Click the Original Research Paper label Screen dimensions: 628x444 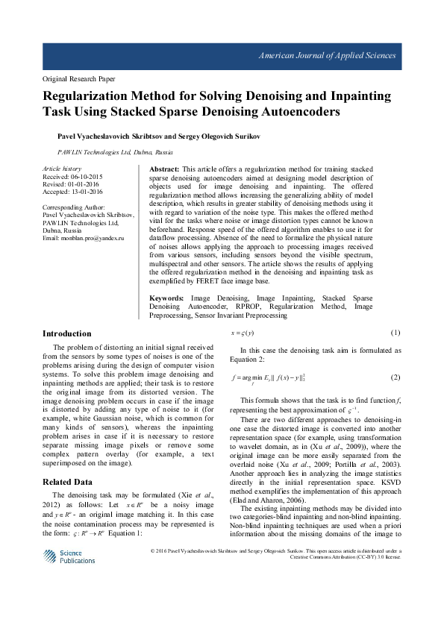tap(78, 78)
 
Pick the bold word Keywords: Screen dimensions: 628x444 tap(169, 298)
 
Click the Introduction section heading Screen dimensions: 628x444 tap(67, 333)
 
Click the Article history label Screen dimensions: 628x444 tap(62, 169)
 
